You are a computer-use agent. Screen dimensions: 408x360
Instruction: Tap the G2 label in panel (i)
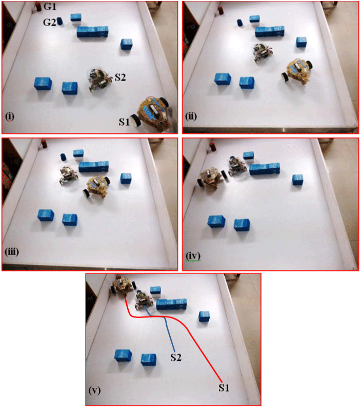49,22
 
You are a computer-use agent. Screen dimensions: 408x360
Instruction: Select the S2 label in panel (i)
120,77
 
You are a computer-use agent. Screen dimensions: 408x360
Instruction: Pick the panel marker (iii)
13,252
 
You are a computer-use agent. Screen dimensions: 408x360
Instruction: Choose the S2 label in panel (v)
176,357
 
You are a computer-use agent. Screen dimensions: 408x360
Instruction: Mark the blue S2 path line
168,328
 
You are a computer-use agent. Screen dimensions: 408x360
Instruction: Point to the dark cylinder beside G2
60,21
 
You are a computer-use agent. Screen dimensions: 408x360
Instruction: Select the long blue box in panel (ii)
270,32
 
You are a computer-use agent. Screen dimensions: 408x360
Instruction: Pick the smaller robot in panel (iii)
67,175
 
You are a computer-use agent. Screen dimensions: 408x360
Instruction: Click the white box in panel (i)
76,20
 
